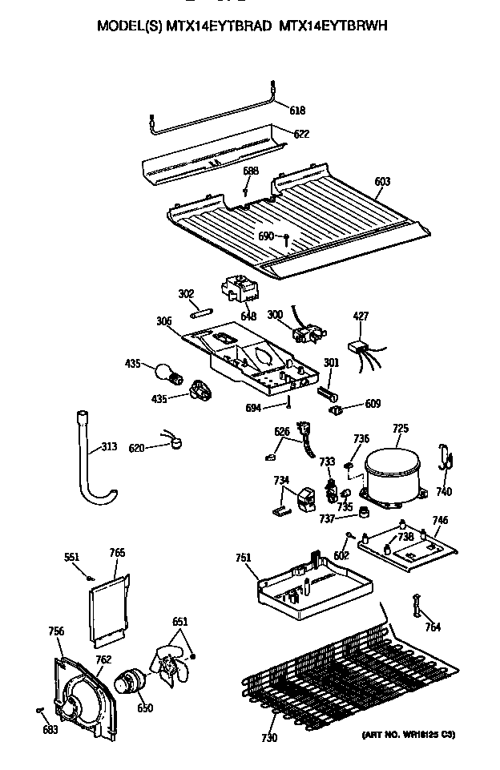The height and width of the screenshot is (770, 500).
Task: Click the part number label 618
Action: pos(296,110)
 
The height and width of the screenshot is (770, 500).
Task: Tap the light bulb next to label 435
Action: pos(165,373)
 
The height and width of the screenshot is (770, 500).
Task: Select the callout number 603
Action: pos(381,182)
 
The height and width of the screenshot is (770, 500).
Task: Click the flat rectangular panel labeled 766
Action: pos(107,604)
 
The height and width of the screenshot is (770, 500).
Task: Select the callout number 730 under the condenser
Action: pos(269,738)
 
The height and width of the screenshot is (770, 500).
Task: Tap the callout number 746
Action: pos(440,520)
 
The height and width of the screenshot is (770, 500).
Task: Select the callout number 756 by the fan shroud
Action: pos(55,631)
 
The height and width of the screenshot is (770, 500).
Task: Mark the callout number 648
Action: pos(248,316)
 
